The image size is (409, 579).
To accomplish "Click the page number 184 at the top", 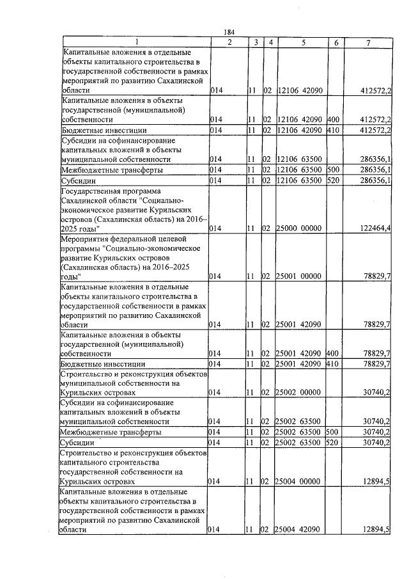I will [231, 33].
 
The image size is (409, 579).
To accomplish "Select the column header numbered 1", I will [135, 42].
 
